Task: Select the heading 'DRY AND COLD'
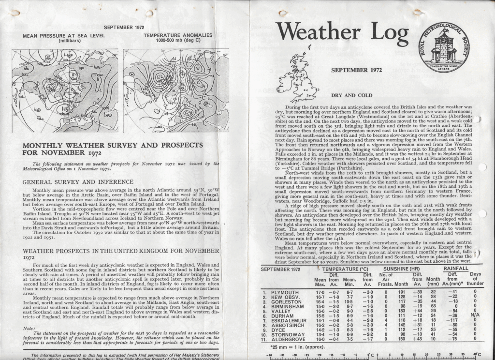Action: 356,96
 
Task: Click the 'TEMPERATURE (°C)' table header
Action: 345,268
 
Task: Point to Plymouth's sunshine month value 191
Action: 400,293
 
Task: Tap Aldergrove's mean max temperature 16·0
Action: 320,339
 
